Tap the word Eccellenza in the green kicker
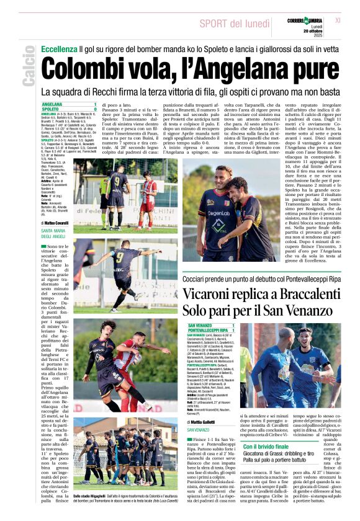59,48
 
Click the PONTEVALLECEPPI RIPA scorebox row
207,330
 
